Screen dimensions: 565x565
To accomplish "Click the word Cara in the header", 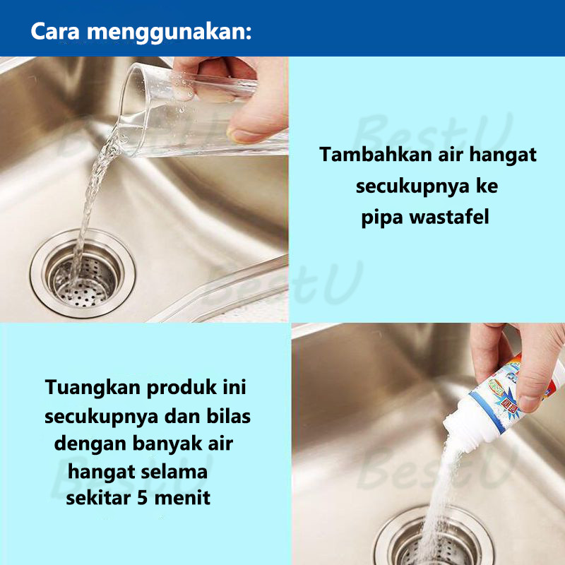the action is tap(55, 31).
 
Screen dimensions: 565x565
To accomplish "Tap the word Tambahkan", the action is tap(376, 154).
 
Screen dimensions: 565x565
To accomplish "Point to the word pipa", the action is tap(381, 219).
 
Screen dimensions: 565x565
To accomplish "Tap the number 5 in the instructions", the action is tap(143, 499).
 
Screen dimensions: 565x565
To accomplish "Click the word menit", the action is tap(182, 499).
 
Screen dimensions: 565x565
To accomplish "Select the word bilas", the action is tap(228, 417).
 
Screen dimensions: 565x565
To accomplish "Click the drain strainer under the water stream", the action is tap(83, 274).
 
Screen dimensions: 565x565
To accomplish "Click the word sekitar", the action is tap(98, 499).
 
